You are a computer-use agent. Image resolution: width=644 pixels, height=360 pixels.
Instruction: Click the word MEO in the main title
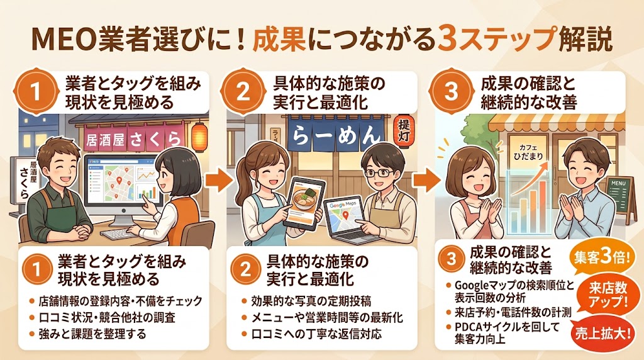point(62,39)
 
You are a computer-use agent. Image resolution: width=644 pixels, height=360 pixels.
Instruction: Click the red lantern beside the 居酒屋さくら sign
point(199,135)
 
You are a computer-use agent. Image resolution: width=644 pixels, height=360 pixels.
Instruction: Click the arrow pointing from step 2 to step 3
point(425,181)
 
